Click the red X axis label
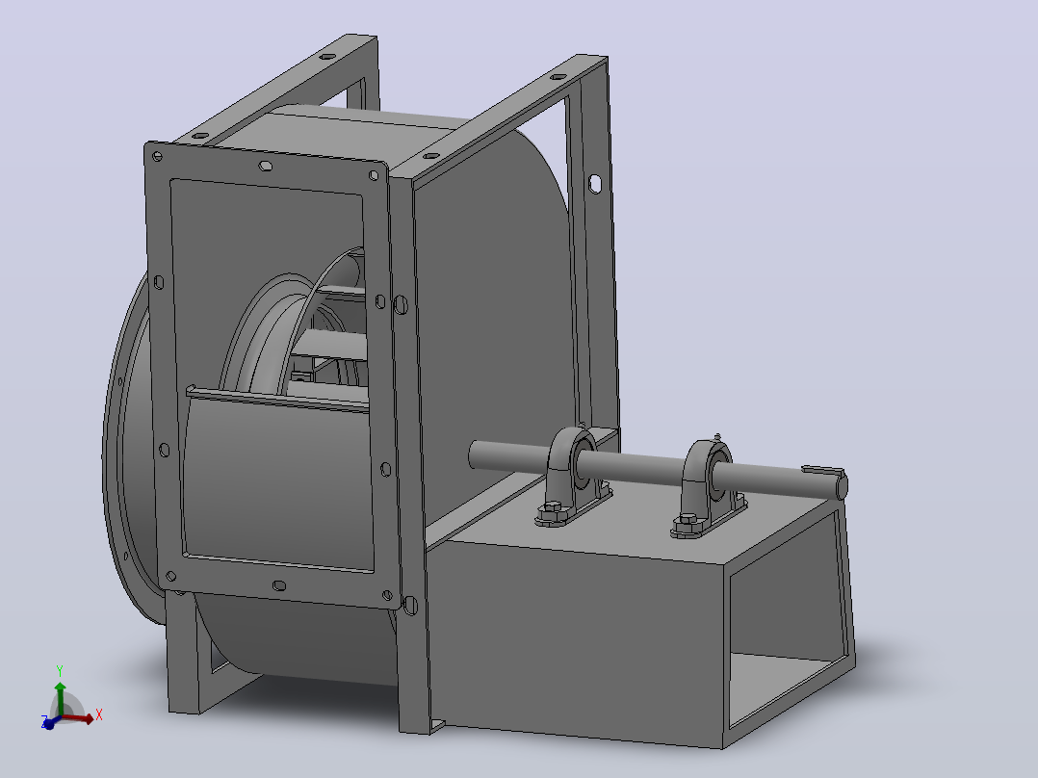pos(98,714)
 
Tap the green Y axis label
pos(60,671)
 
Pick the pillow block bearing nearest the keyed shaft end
pos(708,486)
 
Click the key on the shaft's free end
pos(823,471)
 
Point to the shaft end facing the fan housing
pos(474,454)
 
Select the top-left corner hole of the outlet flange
pos(157,157)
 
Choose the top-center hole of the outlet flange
pos(265,166)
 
